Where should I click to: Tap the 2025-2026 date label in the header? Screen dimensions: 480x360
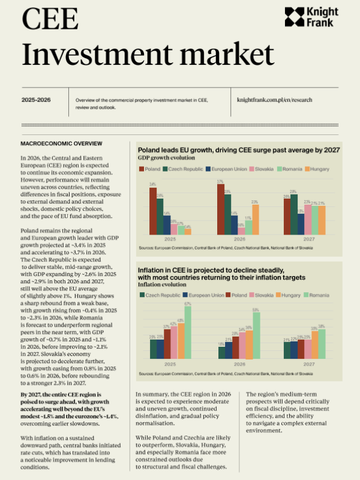coord(36,100)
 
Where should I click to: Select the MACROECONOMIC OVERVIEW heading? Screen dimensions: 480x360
coord(61,144)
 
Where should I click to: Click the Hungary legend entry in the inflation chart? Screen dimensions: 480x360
coord(287,295)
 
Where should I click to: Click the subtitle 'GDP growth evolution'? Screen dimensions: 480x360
coord(166,158)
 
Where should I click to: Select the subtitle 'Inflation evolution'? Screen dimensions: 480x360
coord(162,284)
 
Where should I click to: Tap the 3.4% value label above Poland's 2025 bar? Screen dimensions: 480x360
coord(153,184)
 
